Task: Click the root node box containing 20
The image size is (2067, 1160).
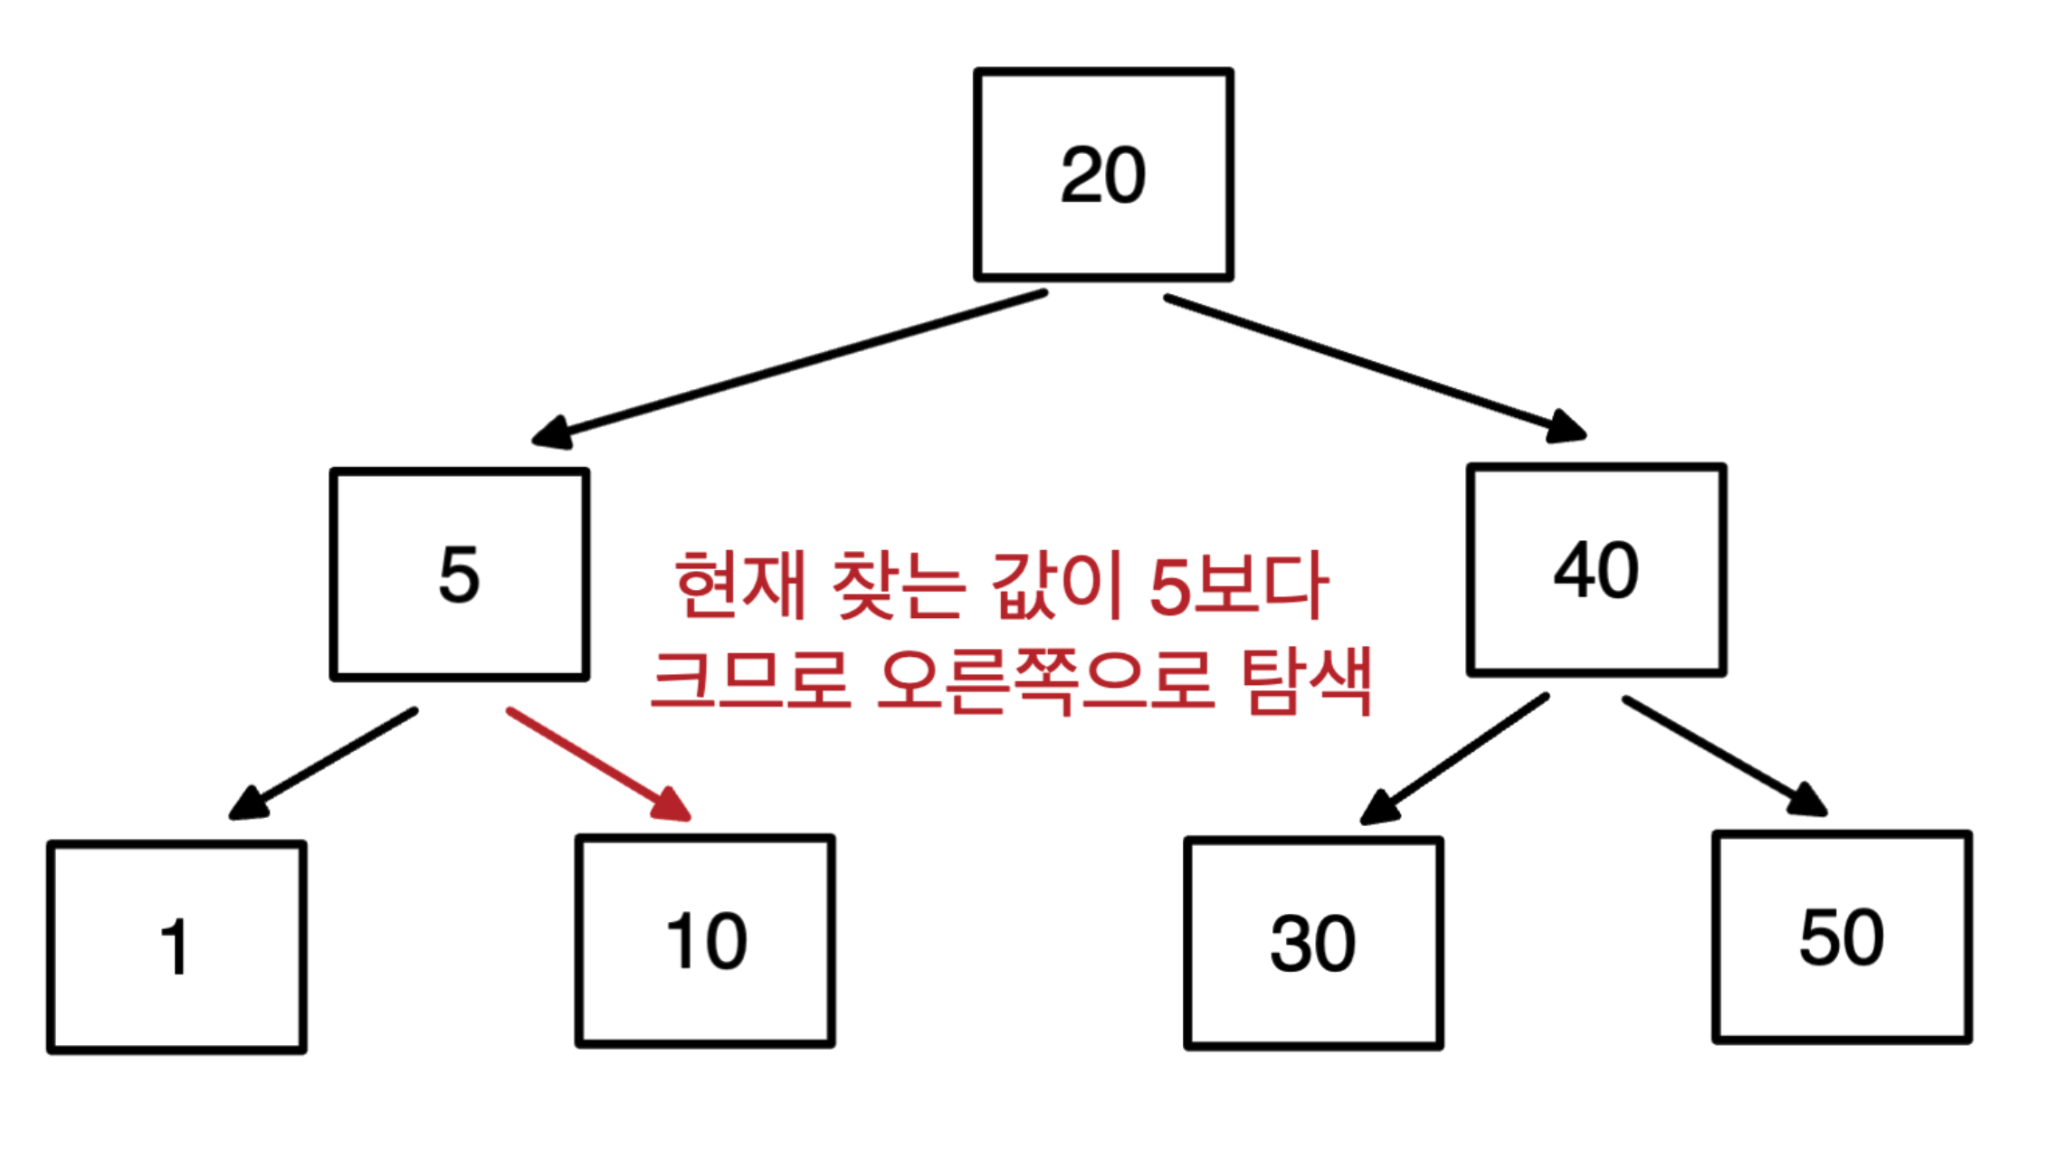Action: coord(1103,175)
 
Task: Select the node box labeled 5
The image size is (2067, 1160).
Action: coord(460,575)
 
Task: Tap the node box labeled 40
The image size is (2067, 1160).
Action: coord(1596,570)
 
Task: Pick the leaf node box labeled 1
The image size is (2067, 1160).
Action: coord(176,947)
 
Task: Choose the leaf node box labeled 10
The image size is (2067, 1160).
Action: coord(705,941)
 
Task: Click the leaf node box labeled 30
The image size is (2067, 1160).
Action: coord(1313,944)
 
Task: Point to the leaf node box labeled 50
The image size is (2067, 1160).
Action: coord(1842,937)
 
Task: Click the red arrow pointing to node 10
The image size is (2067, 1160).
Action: coord(597,764)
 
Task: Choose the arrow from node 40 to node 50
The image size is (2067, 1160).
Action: coord(1724,756)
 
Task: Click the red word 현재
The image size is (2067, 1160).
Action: coord(740,585)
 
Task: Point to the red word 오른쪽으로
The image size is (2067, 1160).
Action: coord(1045,680)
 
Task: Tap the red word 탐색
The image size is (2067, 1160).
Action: coord(1307,680)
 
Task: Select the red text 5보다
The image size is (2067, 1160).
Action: coord(1238,585)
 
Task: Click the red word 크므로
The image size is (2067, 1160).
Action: coord(751,680)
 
